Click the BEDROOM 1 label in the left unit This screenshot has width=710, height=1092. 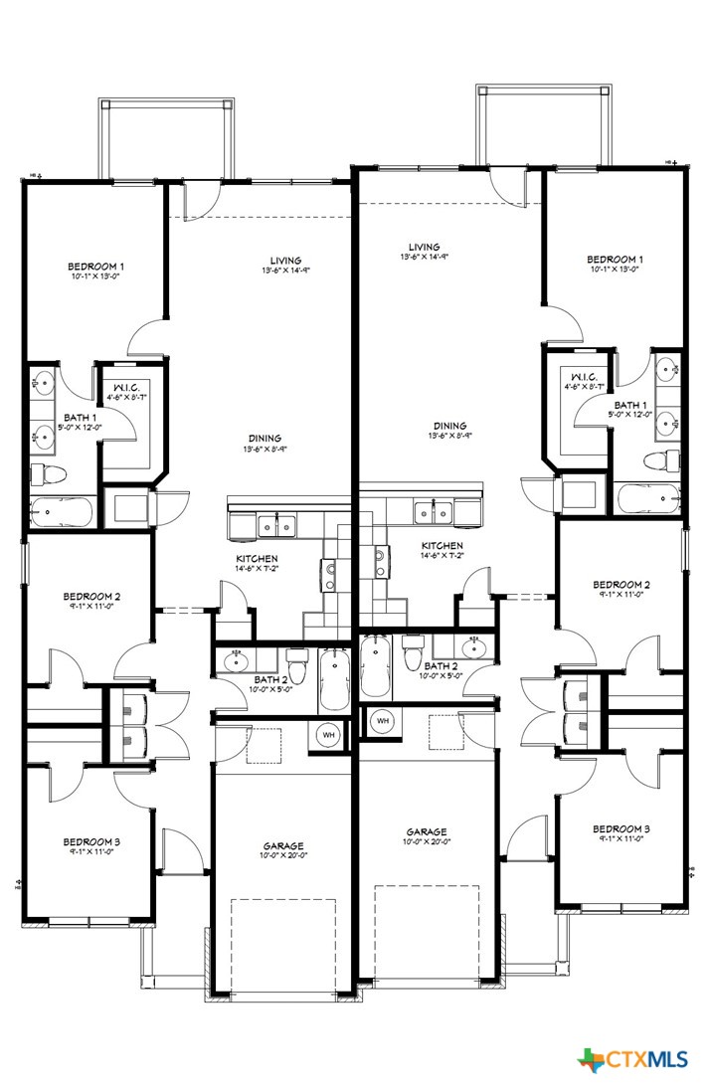[x=95, y=267]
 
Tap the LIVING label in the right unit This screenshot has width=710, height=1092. [x=424, y=247]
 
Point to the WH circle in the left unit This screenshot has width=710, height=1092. [x=329, y=734]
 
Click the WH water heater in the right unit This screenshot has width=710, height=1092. [x=381, y=720]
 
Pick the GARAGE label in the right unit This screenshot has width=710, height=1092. [x=426, y=831]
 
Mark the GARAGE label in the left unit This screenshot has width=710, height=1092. [x=283, y=846]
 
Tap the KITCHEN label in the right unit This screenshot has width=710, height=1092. [x=442, y=546]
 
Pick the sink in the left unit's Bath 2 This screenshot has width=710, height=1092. [x=237, y=659]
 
